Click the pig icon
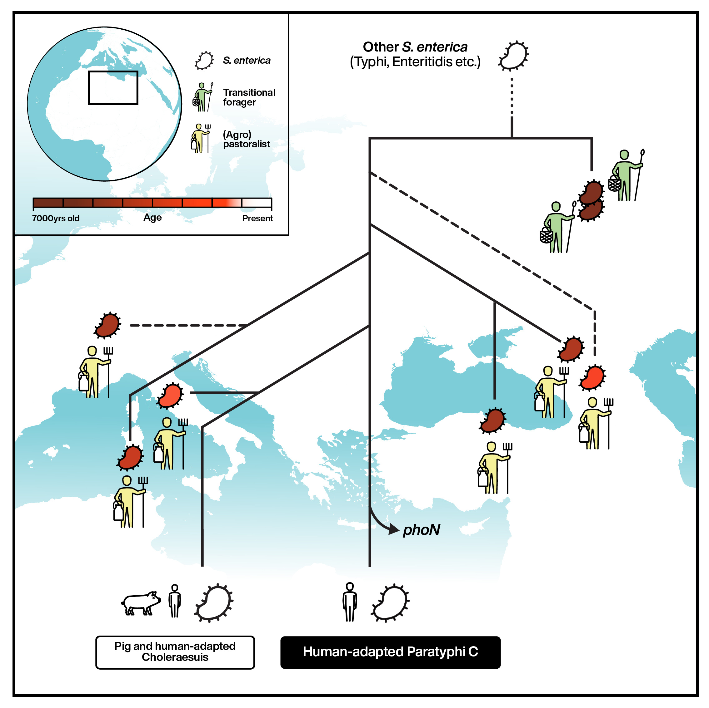pyautogui.click(x=141, y=603)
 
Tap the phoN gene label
pyautogui.click(x=421, y=530)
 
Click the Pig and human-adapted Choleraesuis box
pyautogui.click(x=175, y=652)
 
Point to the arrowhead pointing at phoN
pyautogui.click(x=395, y=529)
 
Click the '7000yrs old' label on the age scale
pyautogui.click(x=56, y=219)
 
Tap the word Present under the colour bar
pyautogui.click(x=257, y=219)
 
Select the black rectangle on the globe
pyautogui.click(x=113, y=88)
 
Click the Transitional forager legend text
pyautogui.click(x=249, y=97)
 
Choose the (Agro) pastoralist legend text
pyautogui.click(x=246, y=139)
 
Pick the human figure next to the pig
pyautogui.click(x=175, y=601)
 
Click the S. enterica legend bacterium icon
pyautogui.click(x=204, y=61)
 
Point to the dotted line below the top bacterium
pyautogui.click(x=512, y=97)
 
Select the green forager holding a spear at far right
pyautogui.click(x=627, y=175)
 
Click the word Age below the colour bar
pyautogui.click(x=152, y=218)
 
